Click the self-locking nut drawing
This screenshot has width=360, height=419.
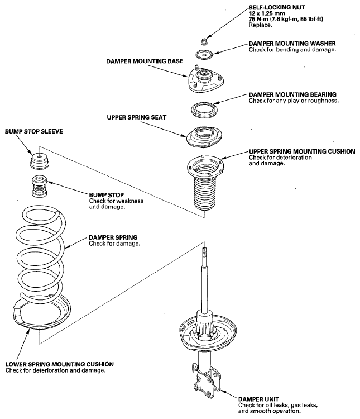(204, 42)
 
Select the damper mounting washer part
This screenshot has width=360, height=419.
(204, 55)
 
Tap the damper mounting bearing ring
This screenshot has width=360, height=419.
(204, 109)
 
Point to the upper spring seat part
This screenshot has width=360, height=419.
(205, 136)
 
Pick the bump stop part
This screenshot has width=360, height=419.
(39, 186)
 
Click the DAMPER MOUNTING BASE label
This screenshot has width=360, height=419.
(145, 61)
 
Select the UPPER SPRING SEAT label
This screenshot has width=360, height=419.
(137, 117)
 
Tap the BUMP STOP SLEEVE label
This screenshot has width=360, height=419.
(34, 131)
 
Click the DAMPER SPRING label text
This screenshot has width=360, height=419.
(113, 237)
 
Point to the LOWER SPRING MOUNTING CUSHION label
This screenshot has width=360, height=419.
(60, 364)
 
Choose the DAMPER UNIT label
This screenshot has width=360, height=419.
(258, 399)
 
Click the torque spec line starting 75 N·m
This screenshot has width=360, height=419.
(286, 19)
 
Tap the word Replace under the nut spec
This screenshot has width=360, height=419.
(261, 25)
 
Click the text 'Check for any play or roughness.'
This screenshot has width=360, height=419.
(294, 101)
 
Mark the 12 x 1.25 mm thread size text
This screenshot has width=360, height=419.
(267, 13)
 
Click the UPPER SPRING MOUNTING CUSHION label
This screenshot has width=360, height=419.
(302, 151)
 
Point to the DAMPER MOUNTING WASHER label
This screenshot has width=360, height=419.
(292, 43)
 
